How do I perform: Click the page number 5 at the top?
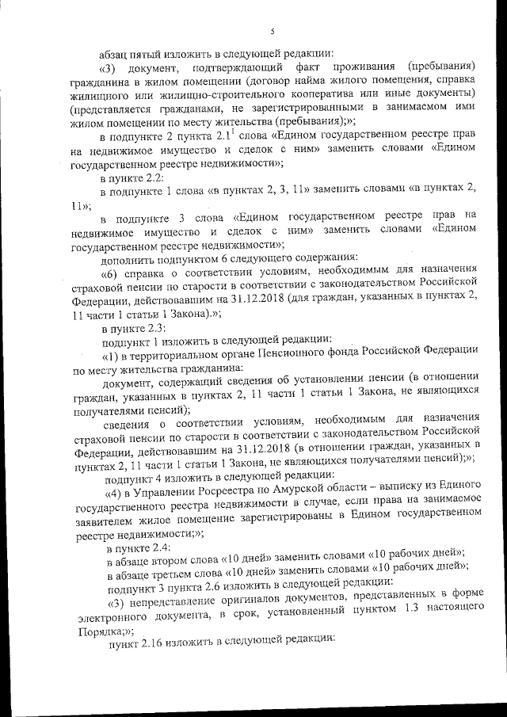tap(272, 32)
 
